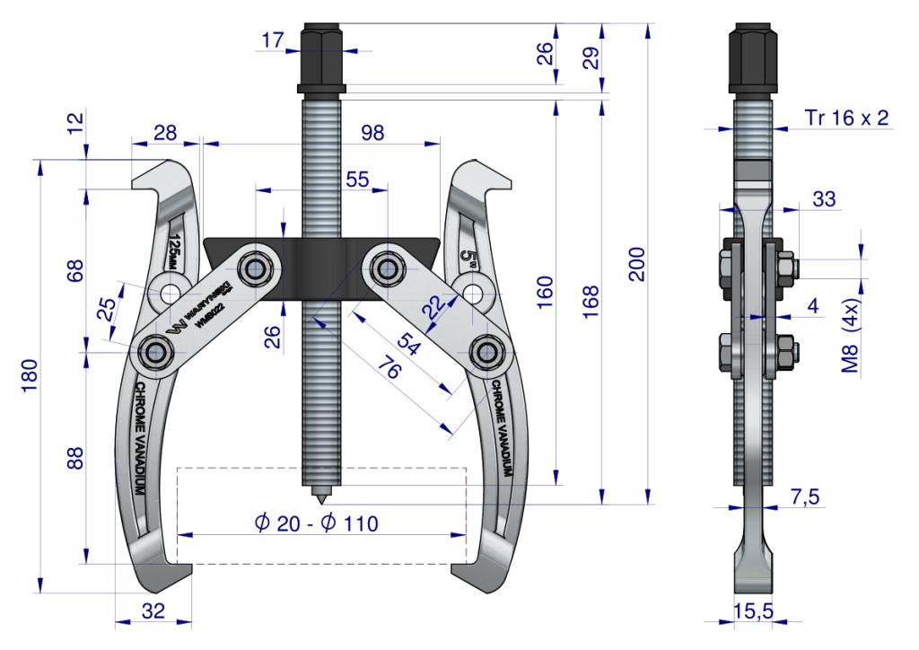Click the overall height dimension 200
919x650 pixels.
pos(636,264)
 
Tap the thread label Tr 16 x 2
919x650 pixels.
pos(846,118)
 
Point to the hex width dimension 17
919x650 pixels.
pos(273,40)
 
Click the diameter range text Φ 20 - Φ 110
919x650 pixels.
pos(317,523)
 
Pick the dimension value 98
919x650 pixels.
pos(372,133)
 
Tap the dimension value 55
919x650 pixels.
pos(357,180)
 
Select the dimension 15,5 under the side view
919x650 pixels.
pos(753,611)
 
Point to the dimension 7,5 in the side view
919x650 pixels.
pos(805,497)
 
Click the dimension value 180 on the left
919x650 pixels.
pos(30,375)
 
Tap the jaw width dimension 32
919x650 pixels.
pos(153,610)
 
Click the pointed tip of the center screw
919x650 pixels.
pos(321,505)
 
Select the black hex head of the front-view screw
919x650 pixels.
pos(321,58)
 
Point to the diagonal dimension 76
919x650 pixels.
pos(389,369)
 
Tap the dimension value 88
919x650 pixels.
pos(75,458)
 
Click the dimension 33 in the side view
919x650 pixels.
pos(824,199)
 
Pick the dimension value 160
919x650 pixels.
pos(545,292)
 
